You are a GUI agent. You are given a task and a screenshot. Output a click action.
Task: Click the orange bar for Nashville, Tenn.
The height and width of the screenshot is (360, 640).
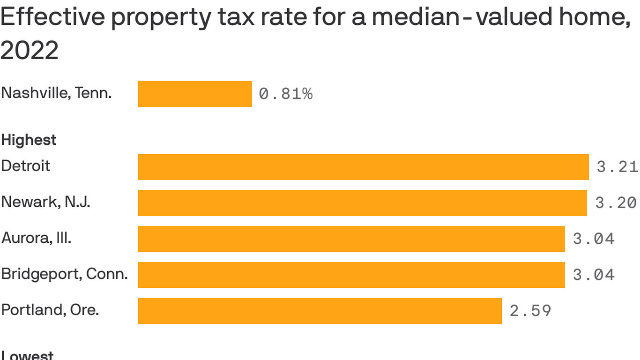pos(195,94)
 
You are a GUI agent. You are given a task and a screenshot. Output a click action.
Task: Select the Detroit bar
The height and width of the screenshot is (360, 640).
pos(363,167)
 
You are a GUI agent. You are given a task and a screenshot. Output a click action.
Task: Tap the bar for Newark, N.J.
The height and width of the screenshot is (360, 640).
pos(362,203)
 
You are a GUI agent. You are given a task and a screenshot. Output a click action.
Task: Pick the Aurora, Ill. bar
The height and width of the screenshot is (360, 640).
pos(351,239)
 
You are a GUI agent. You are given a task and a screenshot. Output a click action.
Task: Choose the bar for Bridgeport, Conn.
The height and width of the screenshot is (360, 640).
pos(351,275)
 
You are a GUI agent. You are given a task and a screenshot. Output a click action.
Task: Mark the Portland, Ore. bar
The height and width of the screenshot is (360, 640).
pos(320,311)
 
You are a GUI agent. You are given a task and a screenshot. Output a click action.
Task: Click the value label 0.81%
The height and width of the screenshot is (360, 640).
pos(285,94)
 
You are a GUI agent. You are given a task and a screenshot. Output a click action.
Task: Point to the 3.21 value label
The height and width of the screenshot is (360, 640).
pos(618,167)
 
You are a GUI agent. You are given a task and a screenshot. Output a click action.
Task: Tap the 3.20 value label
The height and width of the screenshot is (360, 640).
pos(616,203)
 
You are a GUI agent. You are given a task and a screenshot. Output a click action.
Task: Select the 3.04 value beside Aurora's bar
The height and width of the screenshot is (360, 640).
pos(594,239)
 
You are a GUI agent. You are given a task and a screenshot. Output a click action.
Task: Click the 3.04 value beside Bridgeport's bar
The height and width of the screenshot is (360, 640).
pos(594,275)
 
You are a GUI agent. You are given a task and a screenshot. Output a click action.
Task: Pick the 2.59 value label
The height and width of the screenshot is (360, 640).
pos(530,311)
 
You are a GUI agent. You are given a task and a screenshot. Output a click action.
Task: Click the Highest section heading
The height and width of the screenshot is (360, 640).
pos(29,140)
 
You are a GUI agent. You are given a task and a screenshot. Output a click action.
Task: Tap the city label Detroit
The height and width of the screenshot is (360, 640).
pos(25,166)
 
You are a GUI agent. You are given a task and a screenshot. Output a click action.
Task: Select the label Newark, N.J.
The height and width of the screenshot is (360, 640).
pos(45,202)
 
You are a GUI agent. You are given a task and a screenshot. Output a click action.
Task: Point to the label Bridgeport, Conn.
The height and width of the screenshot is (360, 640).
pos(64,274)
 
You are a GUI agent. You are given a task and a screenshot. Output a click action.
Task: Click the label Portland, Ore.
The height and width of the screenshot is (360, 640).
pos(50,310)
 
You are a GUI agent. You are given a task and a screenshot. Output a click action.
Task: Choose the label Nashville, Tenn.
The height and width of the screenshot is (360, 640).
pos(56,93)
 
